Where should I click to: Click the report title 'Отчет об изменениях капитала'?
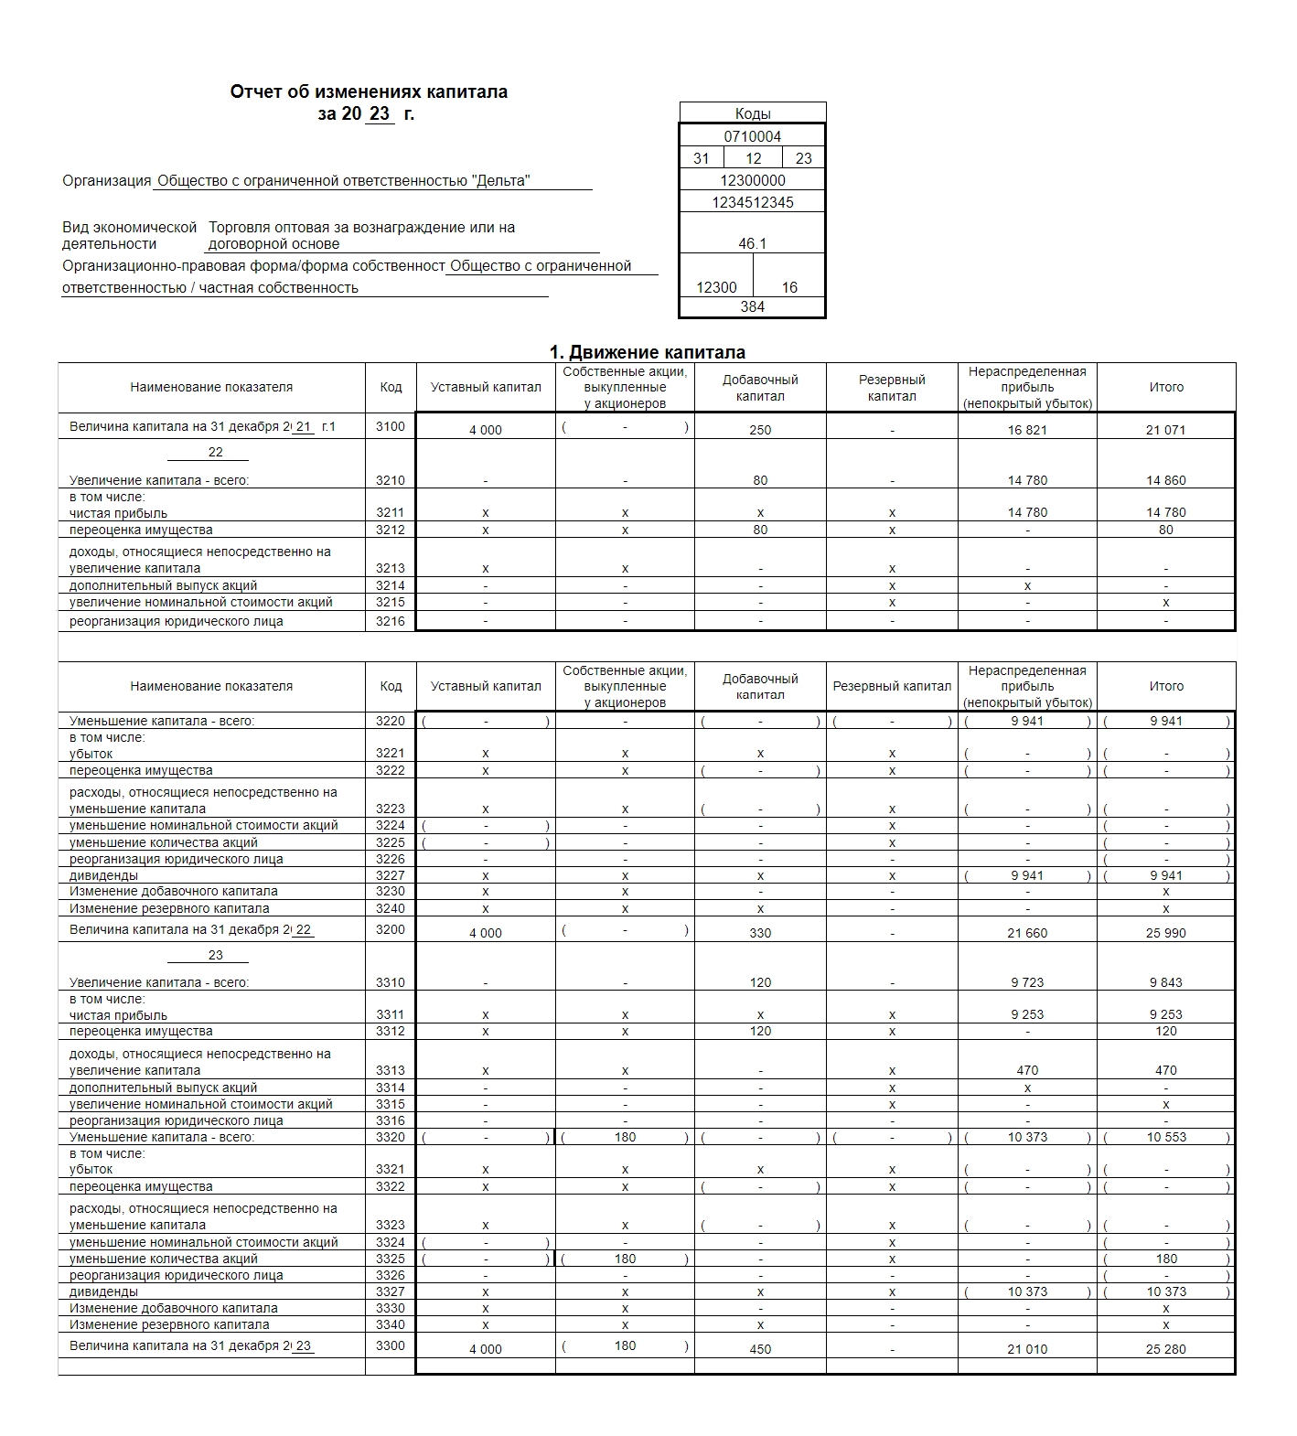(x=369, y=91)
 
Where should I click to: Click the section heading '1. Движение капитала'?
(x=647, y=352)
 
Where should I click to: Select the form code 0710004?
(x=752, y=136)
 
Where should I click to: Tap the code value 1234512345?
(x=752, y=202)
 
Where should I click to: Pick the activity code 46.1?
(x=752, y=243)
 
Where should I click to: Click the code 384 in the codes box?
(x=752, y=306)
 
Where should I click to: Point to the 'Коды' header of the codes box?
(x=752, y=113)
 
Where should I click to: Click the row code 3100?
(x=391, y=426)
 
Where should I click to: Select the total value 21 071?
(x=1165, y=430)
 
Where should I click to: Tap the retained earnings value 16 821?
(x=1027, y=430)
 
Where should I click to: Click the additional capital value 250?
(x=760, y=430)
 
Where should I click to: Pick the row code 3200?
(x=391, y=929)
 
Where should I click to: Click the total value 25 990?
(x=1165, y=933)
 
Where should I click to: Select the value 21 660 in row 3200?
(x=1027, y=933)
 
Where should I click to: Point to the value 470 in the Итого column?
(x=1165, y=1070)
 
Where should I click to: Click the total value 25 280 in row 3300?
(x=1165, y=1349)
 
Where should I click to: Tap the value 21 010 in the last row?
(x=1027, y=1349)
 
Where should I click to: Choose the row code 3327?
(x=391, y=1291)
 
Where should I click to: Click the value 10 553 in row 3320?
(x=1166, y=1137)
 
